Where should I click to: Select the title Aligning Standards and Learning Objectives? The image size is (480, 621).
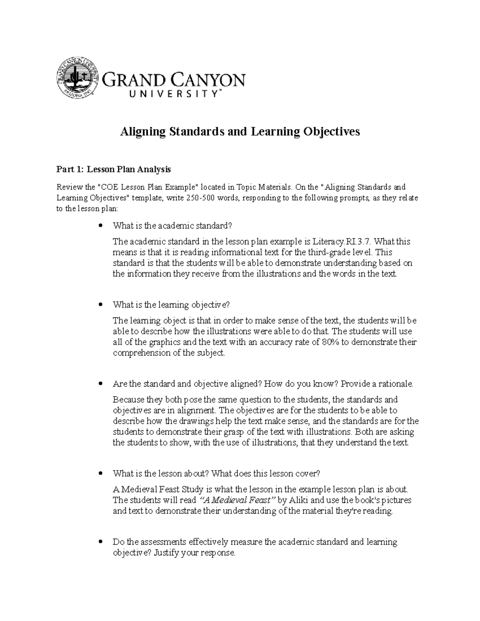point(240,132)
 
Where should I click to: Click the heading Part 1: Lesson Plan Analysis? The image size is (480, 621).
point(114,170)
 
